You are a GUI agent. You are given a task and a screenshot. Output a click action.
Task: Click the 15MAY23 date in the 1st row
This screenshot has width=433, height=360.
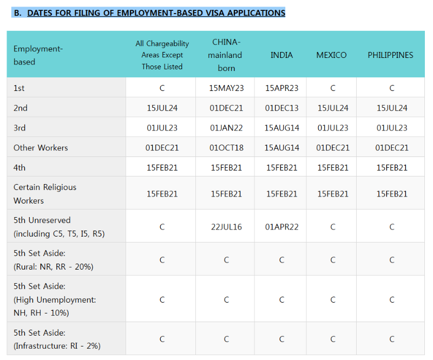[x=226, y=88]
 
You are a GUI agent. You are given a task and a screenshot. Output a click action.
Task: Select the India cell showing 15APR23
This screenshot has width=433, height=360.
[x=281, y=88]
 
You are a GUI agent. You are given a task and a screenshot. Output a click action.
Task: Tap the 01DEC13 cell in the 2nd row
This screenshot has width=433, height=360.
[x=281, y=108]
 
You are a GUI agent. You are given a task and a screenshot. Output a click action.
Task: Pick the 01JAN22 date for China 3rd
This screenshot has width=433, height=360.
[x=226, y=128]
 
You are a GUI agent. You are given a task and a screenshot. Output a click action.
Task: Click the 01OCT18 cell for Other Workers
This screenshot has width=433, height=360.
[x=226, y=148]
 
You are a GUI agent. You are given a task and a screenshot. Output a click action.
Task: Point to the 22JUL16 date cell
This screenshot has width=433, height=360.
[x=226, y=227]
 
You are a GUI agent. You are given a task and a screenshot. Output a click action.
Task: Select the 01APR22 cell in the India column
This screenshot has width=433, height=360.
[x=281, y=227]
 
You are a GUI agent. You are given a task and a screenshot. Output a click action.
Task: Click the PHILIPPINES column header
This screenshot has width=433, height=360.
[x=390, y=55]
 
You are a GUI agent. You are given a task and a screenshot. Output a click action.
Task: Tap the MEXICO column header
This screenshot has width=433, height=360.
[x=331, y=55]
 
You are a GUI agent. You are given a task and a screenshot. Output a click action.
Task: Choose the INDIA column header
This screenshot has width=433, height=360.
[x=281, y=55]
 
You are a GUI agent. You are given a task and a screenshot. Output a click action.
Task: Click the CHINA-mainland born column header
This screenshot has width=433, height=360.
[x=225, y=55]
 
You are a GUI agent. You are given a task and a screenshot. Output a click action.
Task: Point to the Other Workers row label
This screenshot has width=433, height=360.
[x=41, y=148]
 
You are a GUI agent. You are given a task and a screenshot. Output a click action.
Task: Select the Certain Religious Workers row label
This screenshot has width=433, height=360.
[x=45, y=194]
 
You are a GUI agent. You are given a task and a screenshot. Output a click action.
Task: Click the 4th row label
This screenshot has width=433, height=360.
[x=19, y=167]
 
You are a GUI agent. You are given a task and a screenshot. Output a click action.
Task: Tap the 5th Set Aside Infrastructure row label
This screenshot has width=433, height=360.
[x=57, y=339]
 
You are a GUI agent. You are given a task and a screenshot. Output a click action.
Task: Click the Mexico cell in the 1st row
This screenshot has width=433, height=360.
[x=333, y=88]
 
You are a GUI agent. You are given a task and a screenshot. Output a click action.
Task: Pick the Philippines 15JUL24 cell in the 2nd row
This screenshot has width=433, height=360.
[x=392, y=108]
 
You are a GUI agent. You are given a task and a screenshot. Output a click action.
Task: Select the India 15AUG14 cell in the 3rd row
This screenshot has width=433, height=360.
[x=281, y=128]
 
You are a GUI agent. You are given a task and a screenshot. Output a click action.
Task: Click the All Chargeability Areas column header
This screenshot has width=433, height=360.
[x=162, y=55]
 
